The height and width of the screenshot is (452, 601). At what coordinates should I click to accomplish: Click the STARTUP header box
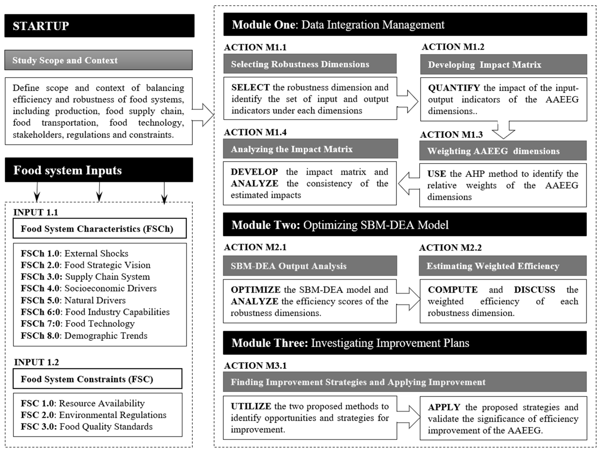click(x=99, y=26)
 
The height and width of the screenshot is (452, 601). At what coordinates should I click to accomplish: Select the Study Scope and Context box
click(x=98, y=60)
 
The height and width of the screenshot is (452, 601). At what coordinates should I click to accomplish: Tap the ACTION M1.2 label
click(x=453, y=47)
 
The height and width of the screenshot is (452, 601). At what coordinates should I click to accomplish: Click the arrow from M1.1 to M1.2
click(x=408, y=102)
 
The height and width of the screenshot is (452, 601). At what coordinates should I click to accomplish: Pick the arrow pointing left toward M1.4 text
click(x=408, y=184)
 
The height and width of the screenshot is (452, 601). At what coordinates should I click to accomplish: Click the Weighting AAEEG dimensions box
click(x=503, y=151)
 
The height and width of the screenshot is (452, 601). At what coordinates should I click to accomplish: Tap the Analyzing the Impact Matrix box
click(x=310, y=149)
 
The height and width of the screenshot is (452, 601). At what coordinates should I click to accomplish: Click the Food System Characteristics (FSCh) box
click(x=100, y=229)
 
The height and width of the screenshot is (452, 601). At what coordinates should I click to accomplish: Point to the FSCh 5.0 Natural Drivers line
click(x=73, y=300)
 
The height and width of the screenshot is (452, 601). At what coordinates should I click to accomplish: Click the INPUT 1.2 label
click(x=36, y=362)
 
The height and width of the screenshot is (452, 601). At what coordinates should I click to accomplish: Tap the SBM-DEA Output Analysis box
click(x=310, y=266)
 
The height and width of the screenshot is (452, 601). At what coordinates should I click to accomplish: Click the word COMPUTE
click(x=452, y=290)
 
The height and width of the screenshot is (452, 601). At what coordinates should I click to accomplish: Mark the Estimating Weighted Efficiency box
click(x=503, y=266)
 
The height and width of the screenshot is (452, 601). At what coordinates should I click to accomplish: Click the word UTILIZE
click(x=251, y=406)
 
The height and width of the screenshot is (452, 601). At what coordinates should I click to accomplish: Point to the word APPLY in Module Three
click(x=444, y=407)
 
